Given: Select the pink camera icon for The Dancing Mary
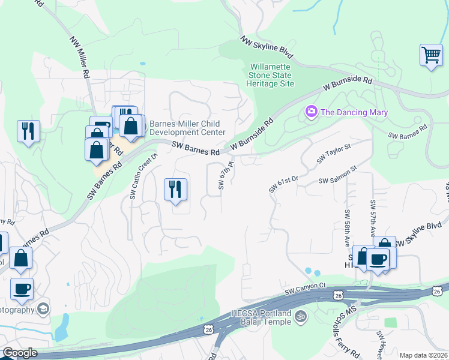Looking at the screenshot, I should (x=311, y=112).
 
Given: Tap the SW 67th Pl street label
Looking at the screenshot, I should (x=224, y=175).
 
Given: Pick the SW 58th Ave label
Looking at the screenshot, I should (x=347, y=228).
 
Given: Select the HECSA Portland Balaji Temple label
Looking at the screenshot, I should (x=261, y=317).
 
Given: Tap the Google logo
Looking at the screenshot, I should (x=20, y=353).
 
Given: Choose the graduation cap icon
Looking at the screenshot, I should (x=43, y=308).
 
